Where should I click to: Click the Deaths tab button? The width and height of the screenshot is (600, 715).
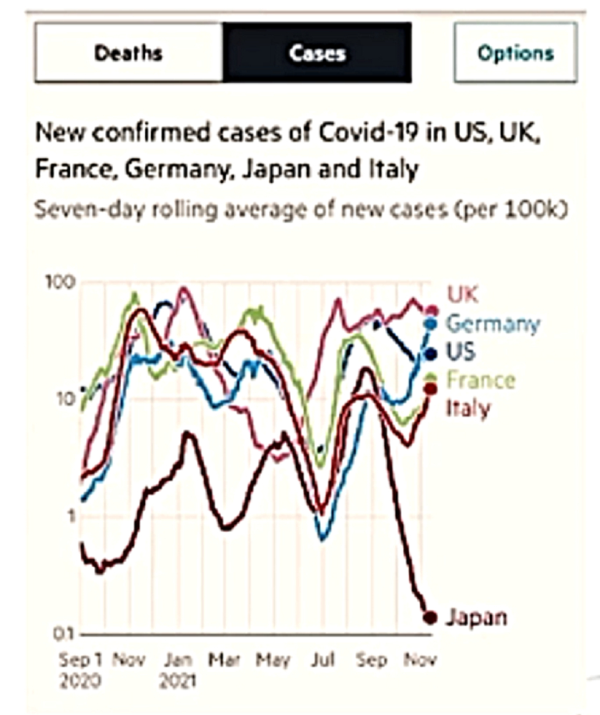click(x=129, y=53)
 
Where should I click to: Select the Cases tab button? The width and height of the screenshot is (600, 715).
click(x=317, y=53)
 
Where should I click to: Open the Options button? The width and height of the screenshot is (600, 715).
click(x=516, y=53)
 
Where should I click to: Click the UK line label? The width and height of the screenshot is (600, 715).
click(x=463, y=294)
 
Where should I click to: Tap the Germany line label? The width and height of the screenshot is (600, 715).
click(x=493, y=324)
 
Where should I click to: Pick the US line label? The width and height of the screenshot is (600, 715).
click(x=461, y=352)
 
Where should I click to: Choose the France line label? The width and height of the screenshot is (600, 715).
click(x=480, y=379)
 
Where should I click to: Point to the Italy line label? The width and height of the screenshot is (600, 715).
click(x=468, y=408)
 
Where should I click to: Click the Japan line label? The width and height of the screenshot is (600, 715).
click(x=476, y=616)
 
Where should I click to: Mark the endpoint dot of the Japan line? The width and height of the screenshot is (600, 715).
click(x=430, y=617)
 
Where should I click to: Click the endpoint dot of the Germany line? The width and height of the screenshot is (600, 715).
click(x=431, y=324)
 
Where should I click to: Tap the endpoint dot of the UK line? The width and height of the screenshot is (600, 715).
click(x=431, y=310)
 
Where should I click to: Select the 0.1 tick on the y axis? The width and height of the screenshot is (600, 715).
click(x=67, y=633)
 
